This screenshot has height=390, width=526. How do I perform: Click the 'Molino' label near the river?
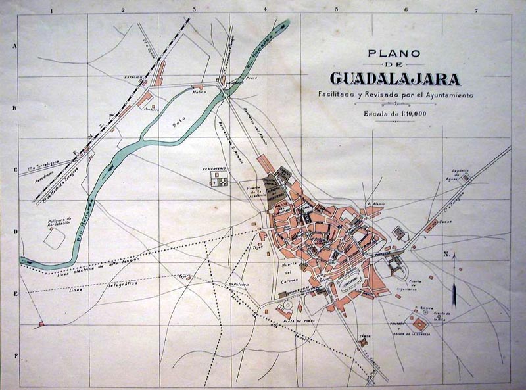199,92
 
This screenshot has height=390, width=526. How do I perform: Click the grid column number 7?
477,10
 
